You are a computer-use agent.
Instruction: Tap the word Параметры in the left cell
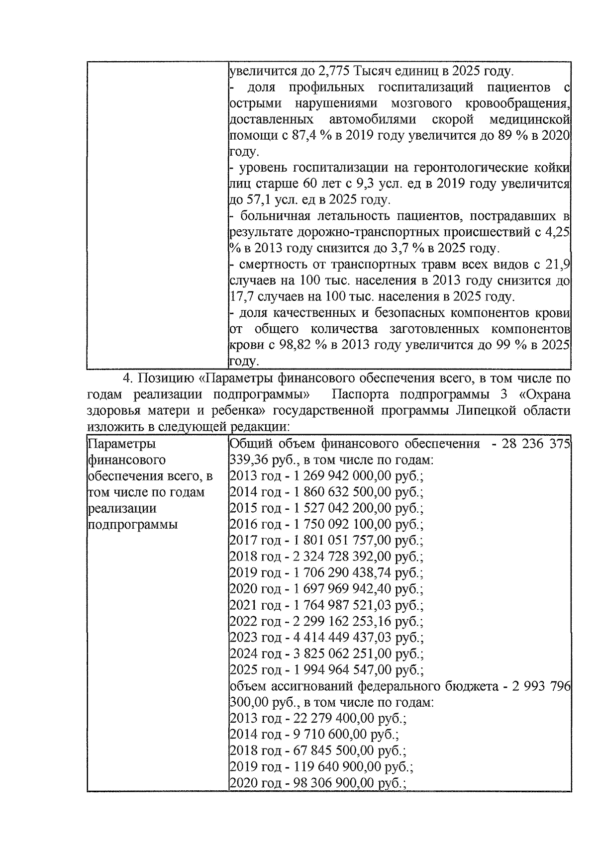[x=121, y=444]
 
